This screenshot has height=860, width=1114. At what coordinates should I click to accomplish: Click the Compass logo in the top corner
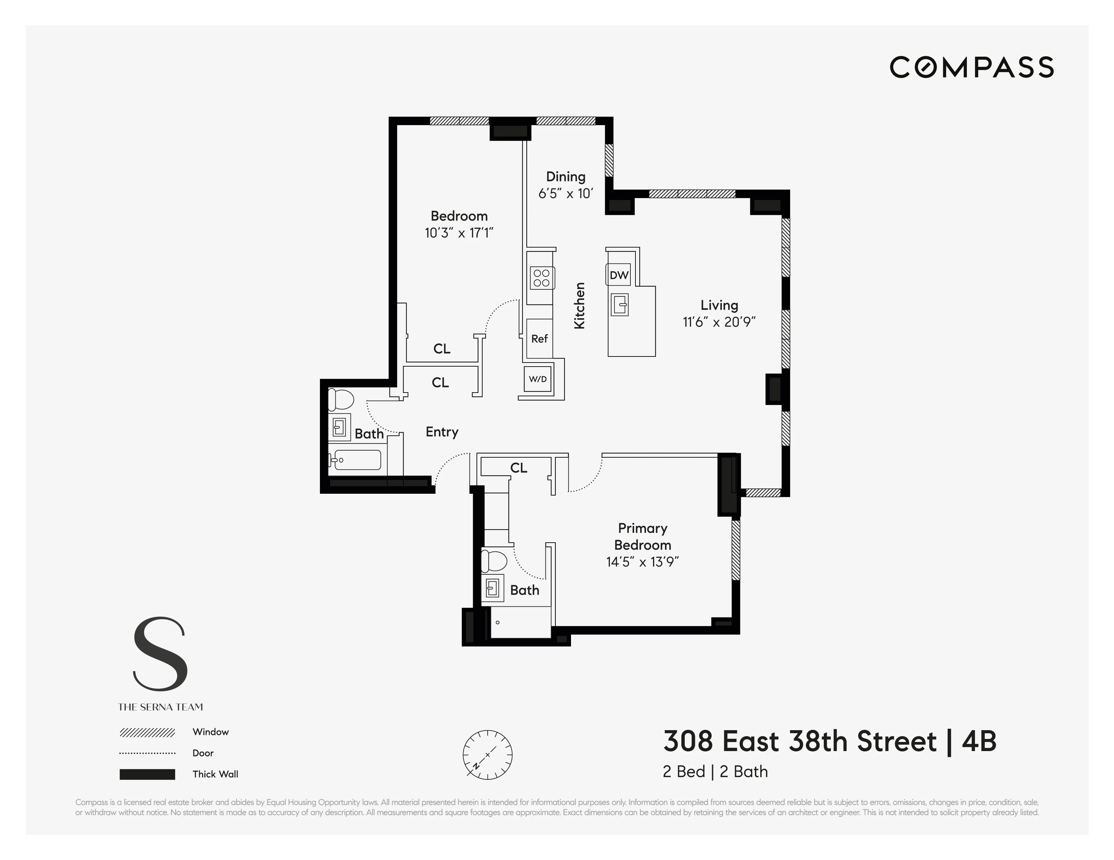(971, 67)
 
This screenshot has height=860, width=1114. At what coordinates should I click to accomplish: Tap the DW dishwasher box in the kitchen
(619, 275)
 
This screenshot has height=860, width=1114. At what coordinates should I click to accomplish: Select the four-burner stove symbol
(542, 278)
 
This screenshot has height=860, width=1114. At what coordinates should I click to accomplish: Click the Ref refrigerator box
(539, 339)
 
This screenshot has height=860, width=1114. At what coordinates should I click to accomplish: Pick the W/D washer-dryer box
(538, 379)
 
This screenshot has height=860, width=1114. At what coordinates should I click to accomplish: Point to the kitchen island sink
(620, 305)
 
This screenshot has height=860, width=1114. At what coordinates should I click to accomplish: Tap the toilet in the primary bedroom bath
(494, 561)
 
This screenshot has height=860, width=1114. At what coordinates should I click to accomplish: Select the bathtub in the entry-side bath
(355, 460)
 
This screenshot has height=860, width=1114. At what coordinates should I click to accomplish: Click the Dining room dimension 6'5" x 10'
(566, 194)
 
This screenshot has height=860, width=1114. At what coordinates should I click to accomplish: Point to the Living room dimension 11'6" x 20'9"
(719, 322)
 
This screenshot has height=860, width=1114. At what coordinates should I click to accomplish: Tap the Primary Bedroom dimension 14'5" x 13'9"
(642, 562)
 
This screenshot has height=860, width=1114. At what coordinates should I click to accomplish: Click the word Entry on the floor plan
(442, 432)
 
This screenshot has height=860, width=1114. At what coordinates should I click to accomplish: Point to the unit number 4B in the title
(979, 741)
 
